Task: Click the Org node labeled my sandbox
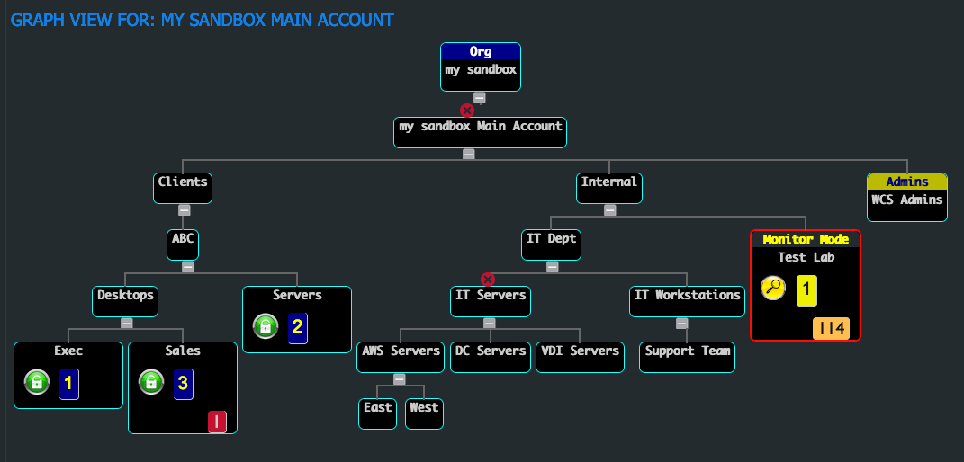480,67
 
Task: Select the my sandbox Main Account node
481,131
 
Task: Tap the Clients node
183,188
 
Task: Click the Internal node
609,188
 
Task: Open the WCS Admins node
906,197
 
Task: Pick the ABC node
183,244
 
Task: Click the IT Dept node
552,244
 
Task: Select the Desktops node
125,301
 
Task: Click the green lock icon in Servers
265,326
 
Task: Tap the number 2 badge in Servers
297,326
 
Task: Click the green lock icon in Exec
36,383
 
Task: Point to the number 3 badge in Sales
183,383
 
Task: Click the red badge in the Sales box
217,422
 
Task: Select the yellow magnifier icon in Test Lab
773,289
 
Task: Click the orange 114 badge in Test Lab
831,329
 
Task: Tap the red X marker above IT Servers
488,280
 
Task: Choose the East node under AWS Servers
377,413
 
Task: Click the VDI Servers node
580,357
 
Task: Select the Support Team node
688,357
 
